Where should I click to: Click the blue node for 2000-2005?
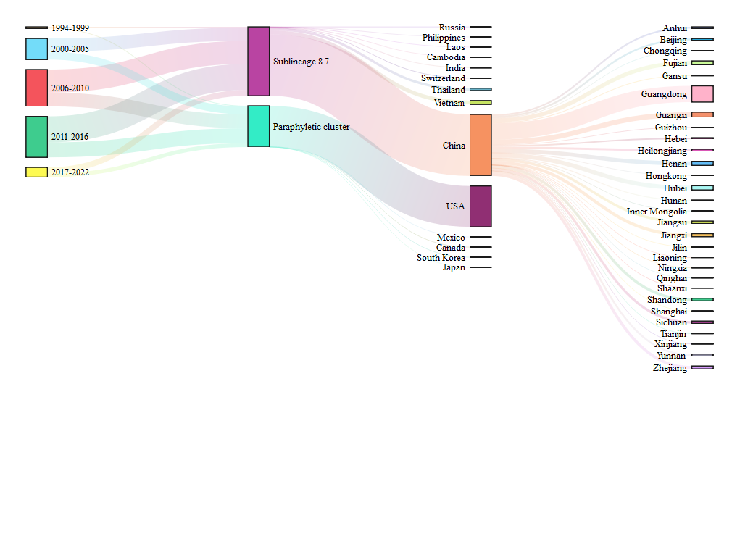(36, 49)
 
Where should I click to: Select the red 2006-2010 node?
(36, 88)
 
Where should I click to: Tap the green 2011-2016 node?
(36, 137)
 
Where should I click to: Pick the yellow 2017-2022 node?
(36, 172)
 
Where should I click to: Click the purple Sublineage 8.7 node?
(258, 61)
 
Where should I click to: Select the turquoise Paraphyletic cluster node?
(258, 126)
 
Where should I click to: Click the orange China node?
(481, 145)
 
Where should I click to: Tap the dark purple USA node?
(481, 206)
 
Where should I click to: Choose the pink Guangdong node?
(702, 94)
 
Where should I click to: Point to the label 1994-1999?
(70, 28)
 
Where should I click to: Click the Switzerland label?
(443, 78)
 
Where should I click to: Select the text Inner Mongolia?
(657, 212)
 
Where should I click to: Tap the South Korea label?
(441, 258)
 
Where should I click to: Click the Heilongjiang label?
(662, 151)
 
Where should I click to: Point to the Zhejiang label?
(669, 368)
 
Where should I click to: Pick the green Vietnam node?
(481, 103)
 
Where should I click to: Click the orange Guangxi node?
(702, 114)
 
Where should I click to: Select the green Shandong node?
(702, 299)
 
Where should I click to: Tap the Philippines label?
(444, 38)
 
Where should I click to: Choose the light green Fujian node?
(702, 63)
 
